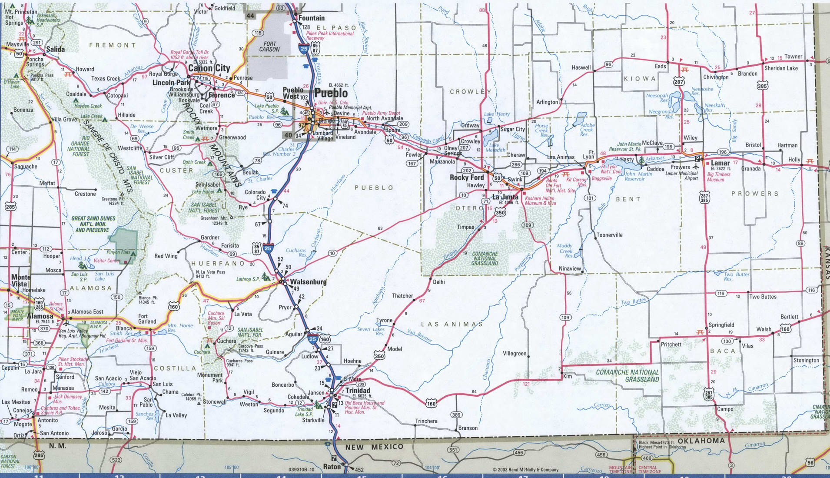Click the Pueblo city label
[331, 93]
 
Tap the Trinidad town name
[358, 391]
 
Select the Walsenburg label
[308, 281]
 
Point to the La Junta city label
[505, 197]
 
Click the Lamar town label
[720, 163]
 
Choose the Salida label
[55, 49]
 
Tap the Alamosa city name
[40, 316]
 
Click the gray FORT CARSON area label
[269, 47]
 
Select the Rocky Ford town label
[466, 177]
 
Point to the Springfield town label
[721, 325]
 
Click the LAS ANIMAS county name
[452, 324]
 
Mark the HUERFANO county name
[218, 264]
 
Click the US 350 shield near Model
[379, 356]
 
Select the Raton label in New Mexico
[332, 467]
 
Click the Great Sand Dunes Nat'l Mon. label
[93, 224]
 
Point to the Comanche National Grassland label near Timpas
[485, 258]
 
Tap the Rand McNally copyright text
[525, 470]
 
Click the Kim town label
[567, 376]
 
